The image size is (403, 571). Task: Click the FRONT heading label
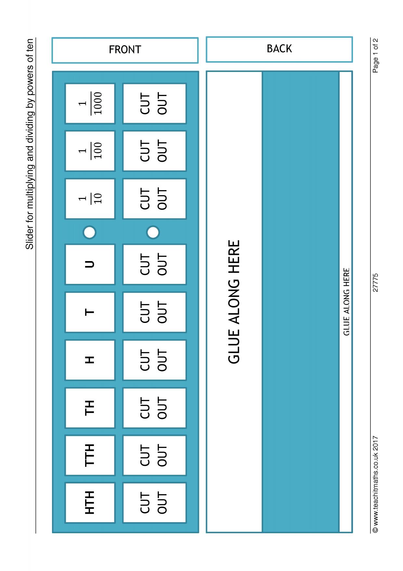tap(125, 50)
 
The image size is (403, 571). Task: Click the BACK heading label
tap(279, 49)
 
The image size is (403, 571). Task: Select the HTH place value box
tap(90, 503)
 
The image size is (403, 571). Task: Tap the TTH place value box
tap(90, 455)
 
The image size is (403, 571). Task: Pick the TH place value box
tap(90, 408)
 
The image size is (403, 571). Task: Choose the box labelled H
tap(90, 360)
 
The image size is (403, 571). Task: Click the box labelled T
tap(90, 312)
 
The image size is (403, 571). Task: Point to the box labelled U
tap(90, 264)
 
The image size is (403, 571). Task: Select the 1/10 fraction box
tap(90, 199)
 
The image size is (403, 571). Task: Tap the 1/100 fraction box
tap(90, 151)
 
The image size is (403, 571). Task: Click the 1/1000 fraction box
tap(90, 104)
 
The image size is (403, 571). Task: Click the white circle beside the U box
tap(89, 232)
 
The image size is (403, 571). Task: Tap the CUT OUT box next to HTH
tap(154, 503)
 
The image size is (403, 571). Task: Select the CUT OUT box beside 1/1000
tap(154, 104)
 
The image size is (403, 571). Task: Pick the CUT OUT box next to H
tap(154, 360)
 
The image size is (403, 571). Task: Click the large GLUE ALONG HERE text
tap(234, 302)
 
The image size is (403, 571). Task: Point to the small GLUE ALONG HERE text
tap(346, 302)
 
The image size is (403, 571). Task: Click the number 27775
tap(376, 282)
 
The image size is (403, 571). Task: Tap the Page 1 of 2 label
tap(376, 56)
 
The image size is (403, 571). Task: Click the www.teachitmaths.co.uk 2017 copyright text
tap(376, 484)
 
